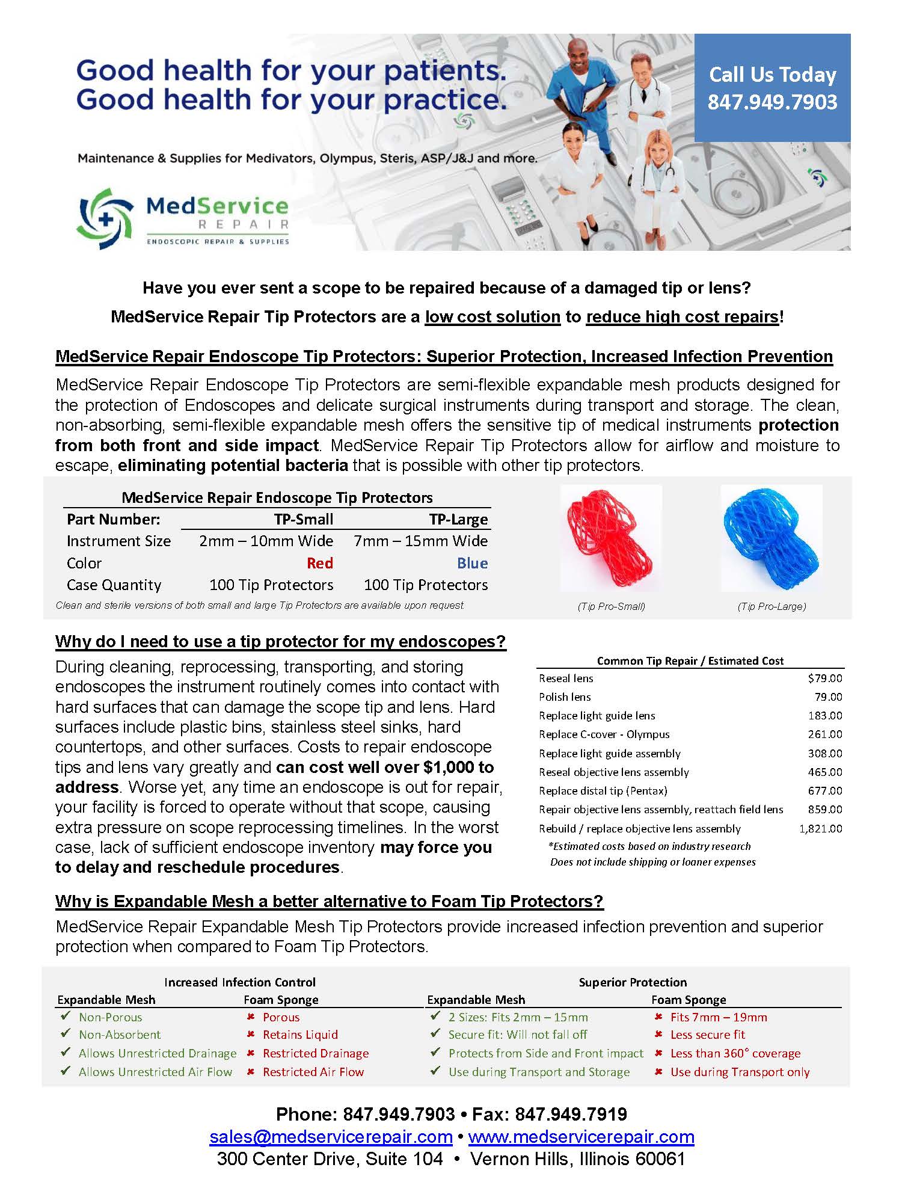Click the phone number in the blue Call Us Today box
(772, 102)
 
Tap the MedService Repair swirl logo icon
(105, 219)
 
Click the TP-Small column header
(304, 519)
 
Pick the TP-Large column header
(458, 519)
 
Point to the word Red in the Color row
(320, 563)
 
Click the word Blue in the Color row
(472, 563)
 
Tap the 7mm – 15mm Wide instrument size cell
(420, 541)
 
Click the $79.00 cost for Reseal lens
(825, 678)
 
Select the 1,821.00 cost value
(820, 828)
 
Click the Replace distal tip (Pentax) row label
(603, 790)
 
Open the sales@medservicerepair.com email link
(331, 1136)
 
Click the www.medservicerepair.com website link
(581, 1136)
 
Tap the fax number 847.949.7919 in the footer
(571, 1114)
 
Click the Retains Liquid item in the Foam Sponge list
(300, 1035)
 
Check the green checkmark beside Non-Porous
(66, 1017)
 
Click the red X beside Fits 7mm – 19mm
(659, 1017)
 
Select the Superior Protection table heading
(633, 982)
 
